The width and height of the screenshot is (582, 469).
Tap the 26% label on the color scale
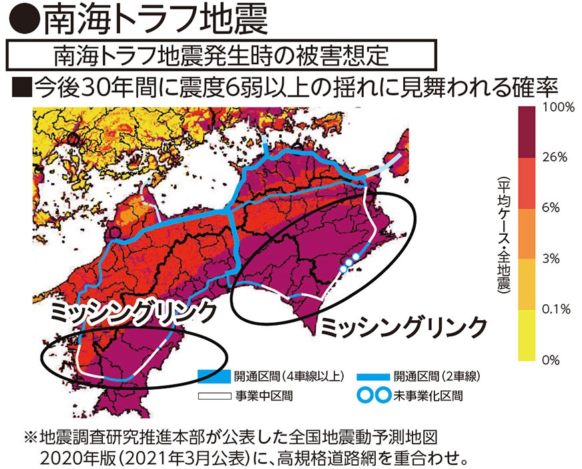click(554, 157)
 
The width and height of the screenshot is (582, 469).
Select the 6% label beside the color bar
click(551, 208)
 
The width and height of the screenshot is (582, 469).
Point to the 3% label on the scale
click(551, 259)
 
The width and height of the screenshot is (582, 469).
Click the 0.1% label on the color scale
click(555, 309)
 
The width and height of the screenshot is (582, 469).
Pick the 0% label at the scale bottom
click(551, 360)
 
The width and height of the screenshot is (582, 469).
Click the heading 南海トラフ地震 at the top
click(156, 20)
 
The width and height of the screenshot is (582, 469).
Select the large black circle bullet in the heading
click(23, 21)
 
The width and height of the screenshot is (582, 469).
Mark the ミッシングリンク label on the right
click(403, 327)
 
